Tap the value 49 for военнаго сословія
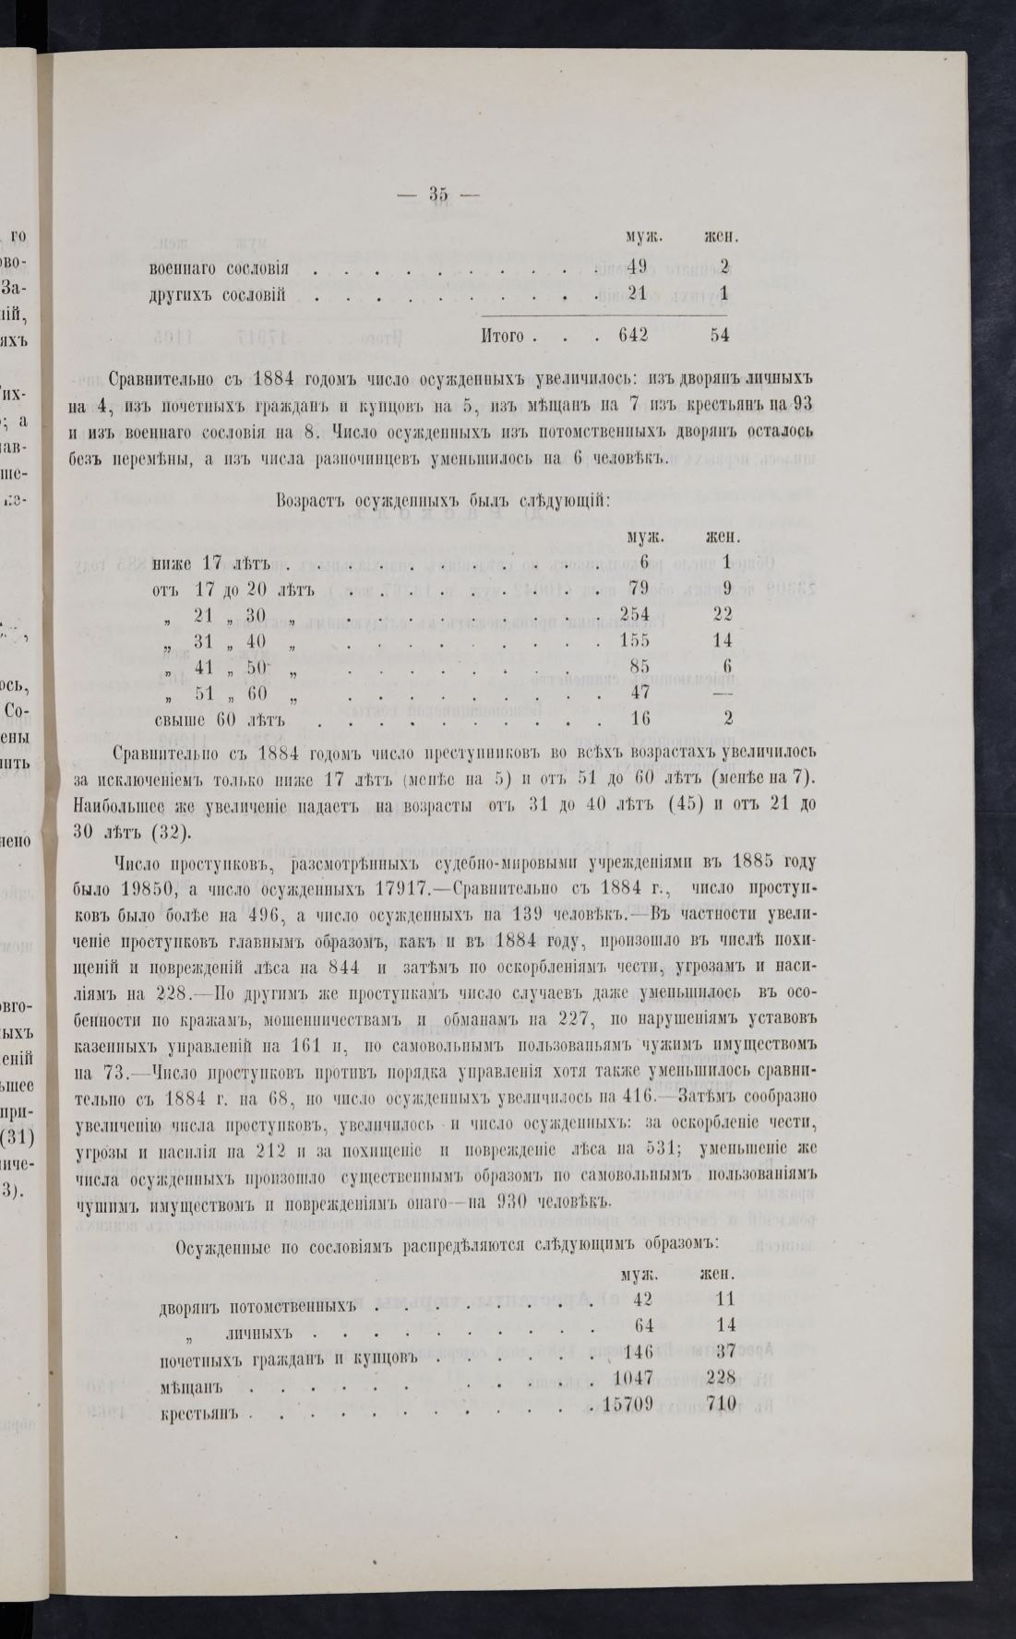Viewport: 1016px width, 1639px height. (x=637, y=268)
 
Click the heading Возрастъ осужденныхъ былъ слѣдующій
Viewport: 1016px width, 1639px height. (x=440, y=500)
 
